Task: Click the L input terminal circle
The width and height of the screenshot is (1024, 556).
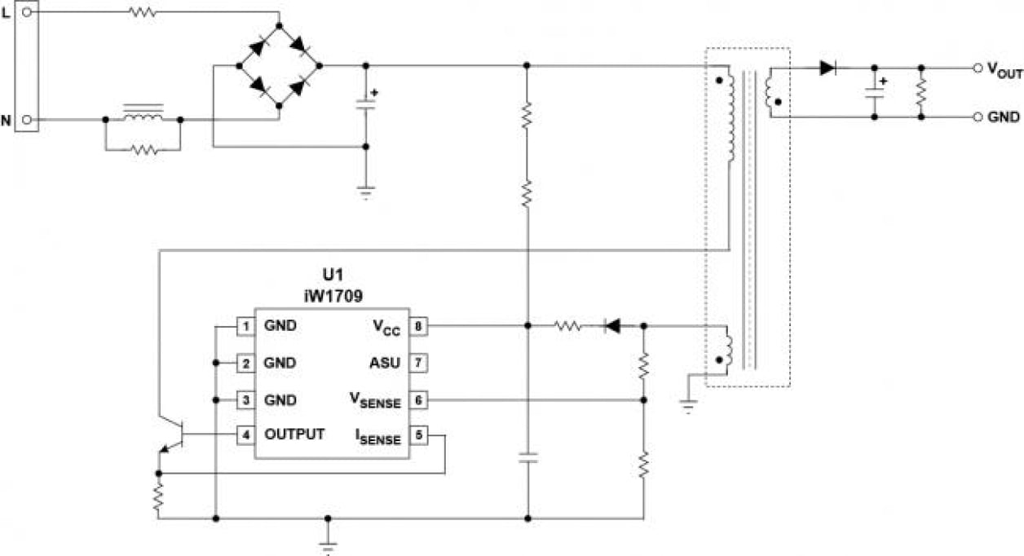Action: [27, 12]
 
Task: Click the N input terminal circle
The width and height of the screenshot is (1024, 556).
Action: [27, 120]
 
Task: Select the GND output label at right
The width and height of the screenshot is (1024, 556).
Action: [1004, 117]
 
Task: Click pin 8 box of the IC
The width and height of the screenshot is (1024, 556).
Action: [417, 326]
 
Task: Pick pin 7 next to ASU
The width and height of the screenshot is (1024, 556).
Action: [417, 362]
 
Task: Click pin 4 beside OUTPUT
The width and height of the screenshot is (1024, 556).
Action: [244, 435]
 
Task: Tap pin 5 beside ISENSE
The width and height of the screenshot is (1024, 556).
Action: [417, 435]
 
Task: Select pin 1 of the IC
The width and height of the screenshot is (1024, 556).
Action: [244, 326]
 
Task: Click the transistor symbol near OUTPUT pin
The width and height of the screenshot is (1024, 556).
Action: [171, 436]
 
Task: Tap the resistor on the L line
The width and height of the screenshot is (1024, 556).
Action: [142, 12]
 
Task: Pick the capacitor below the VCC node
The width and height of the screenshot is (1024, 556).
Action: [527, 459]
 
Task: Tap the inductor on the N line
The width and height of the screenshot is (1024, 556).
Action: [142, 117]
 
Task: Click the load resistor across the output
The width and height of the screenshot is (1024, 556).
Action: [920, 92]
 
